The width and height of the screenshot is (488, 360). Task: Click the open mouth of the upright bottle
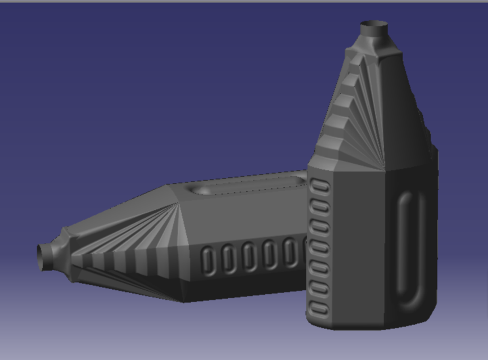click(x=374, y=25)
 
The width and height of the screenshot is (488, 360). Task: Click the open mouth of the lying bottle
click(x=41, y=256)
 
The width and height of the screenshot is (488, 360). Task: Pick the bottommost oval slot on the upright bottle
click(x=319, y=308)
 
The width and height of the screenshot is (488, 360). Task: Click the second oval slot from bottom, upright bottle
click(x=319, y=288)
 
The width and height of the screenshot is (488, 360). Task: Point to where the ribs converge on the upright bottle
click(x=385, y=168)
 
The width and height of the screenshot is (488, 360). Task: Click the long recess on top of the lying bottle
click(x=247, y=186)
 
